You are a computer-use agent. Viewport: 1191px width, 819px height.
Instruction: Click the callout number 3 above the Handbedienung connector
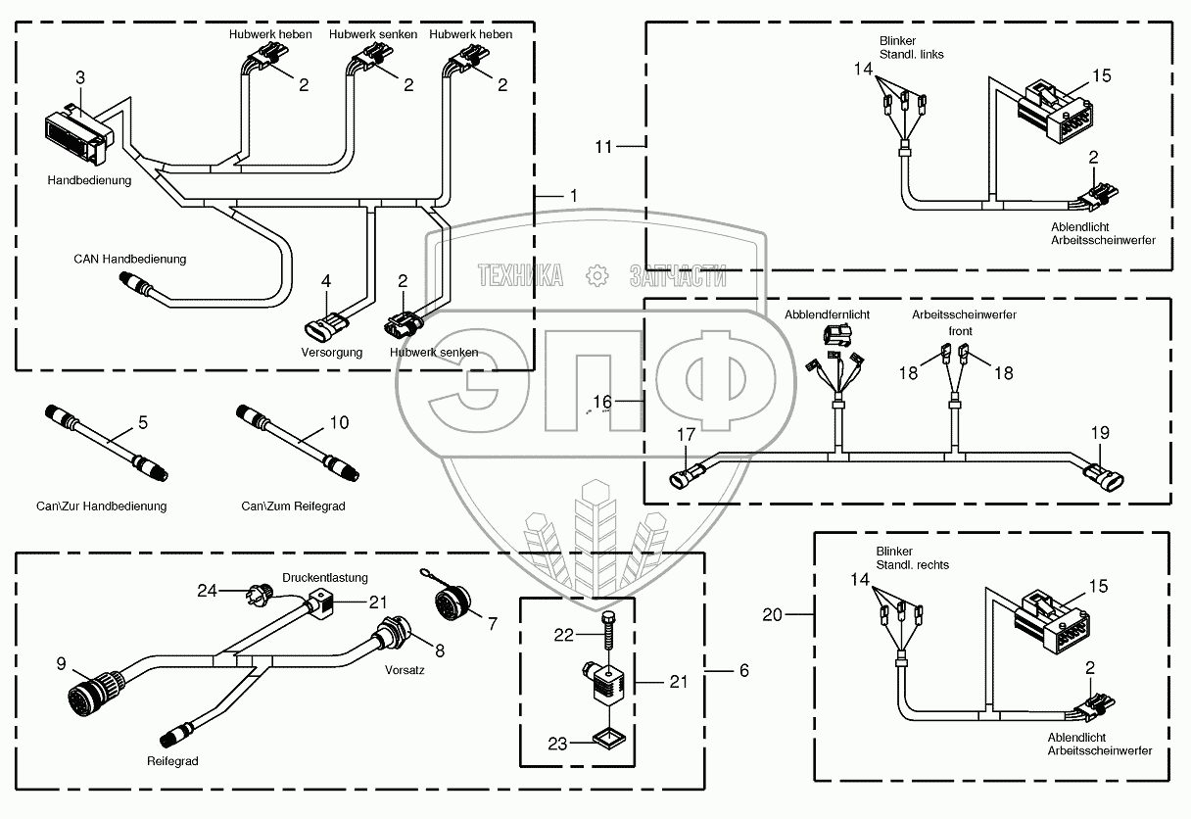coord(80,77)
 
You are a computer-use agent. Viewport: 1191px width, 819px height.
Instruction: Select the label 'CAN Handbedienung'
coord(129,259)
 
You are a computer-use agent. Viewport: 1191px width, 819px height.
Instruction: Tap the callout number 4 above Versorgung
coord(326,281)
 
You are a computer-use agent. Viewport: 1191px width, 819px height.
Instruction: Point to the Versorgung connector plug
coord(326,324)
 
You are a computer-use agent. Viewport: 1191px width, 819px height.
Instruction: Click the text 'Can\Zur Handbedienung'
coord(102,506)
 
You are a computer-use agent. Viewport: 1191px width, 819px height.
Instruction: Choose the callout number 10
coord(339,422)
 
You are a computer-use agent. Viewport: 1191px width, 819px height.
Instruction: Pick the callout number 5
coord(143,422)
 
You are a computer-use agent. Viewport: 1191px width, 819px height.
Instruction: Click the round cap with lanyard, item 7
coord(451,601)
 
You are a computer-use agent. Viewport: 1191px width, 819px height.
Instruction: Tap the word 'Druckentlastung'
coord(325,578)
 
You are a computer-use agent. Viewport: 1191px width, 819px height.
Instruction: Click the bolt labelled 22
coord(608,630)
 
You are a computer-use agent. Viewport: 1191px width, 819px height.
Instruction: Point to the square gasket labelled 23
coord(608,738)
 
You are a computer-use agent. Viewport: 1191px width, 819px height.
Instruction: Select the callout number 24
coord(208,591)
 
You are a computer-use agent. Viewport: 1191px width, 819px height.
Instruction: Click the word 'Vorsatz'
coord(405,670)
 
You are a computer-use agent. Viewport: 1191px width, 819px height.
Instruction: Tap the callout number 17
coord(686,435)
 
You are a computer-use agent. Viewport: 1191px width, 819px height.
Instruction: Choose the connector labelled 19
coord(1103,476)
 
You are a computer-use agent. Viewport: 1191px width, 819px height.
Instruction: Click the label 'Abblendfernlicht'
coord(827,314)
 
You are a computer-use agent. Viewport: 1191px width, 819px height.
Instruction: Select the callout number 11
coord(604,146)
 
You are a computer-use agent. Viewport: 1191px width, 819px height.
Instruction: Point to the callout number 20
coord(772,615)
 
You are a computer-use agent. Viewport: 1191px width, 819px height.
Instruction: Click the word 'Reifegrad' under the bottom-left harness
coord(172,761)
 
